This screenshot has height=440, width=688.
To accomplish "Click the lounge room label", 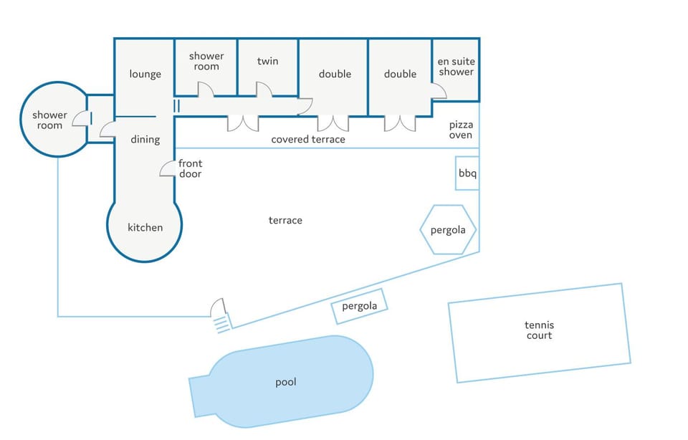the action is click(145, 74).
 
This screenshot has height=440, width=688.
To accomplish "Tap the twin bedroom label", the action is click(267, 61).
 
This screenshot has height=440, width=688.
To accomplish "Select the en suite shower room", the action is click(456, 70).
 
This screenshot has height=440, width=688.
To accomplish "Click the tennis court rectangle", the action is click(539, 333).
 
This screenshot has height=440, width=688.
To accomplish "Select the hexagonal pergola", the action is click(447, 229).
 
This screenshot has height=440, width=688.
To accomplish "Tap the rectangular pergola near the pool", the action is click(359, 306).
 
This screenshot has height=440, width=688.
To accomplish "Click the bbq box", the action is click(467, 173).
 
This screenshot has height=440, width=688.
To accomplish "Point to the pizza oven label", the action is click(461, 130).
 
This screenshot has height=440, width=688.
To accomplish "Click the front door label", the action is click(191, 168).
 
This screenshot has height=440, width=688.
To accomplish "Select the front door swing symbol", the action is click(167, 169).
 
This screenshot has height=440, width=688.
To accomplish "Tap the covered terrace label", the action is click(308, 140).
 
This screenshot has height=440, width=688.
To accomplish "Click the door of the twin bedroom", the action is click(264, 89).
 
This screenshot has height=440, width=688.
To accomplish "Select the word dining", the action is click(145, 140).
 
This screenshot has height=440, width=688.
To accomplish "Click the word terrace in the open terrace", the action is click(285, 220).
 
